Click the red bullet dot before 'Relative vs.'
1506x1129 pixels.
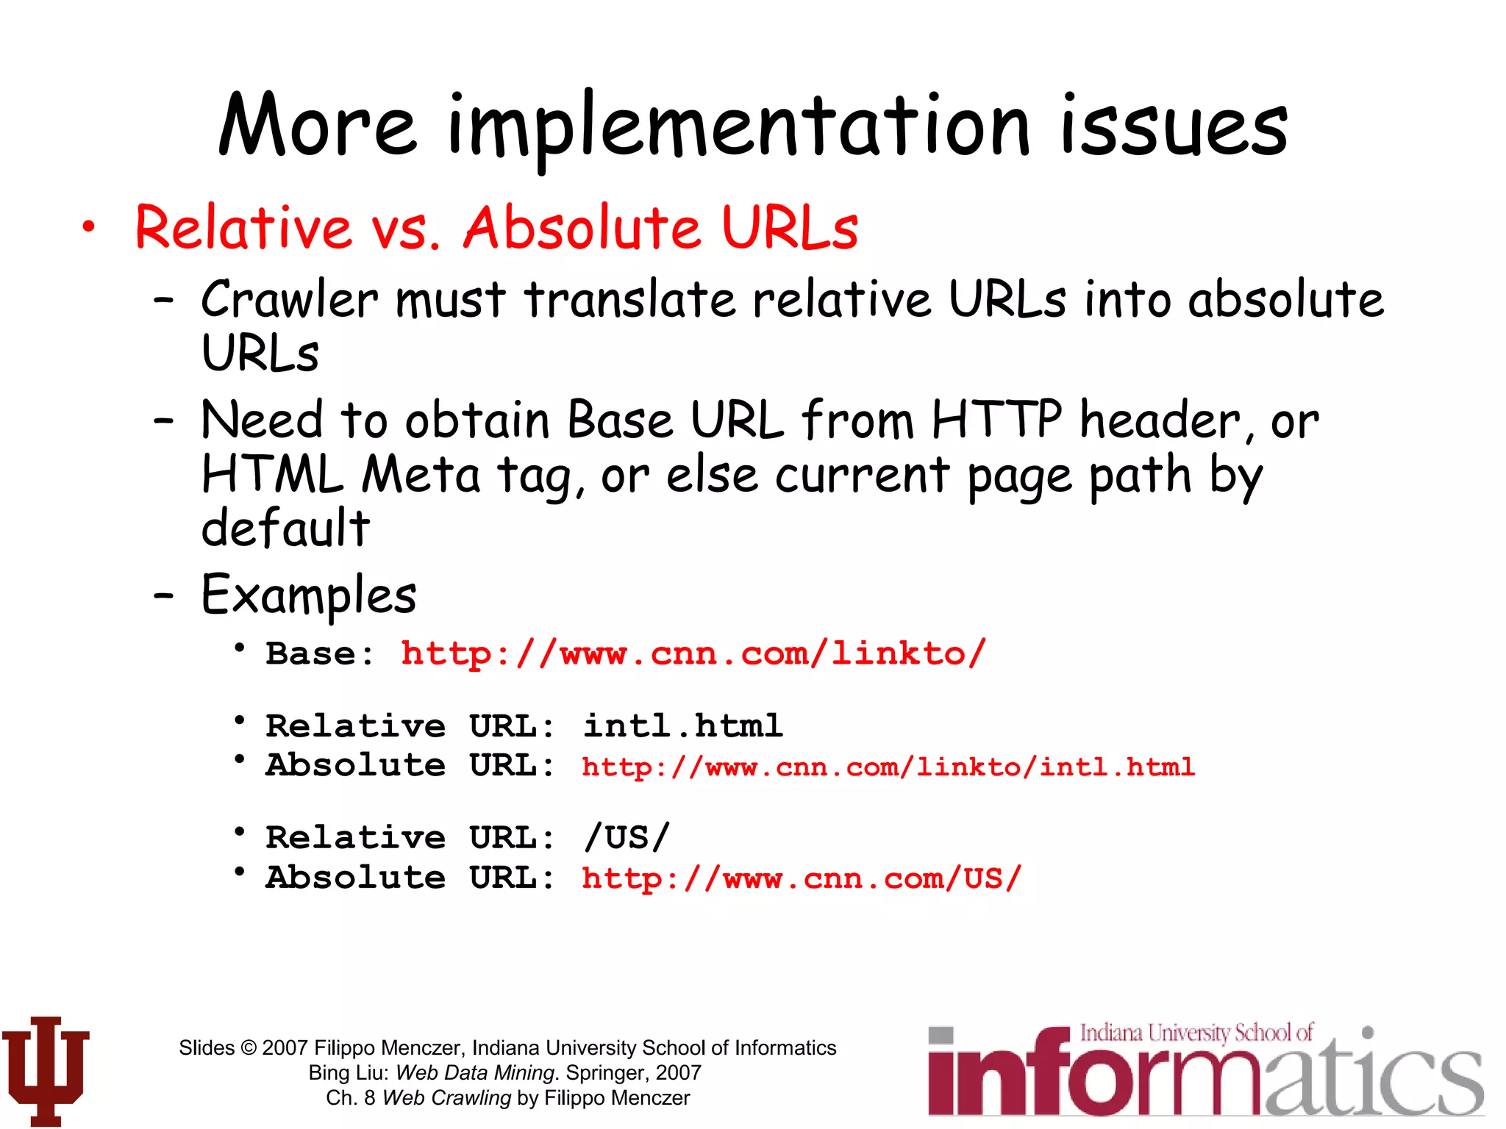(88, 227)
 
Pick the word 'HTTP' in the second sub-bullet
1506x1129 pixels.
(996, 420)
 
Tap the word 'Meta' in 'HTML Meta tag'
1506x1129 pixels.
(421, 475)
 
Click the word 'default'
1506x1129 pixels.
(285, 528)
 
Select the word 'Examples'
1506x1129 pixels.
(309, 595)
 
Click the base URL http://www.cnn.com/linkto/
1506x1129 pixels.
(693, 653)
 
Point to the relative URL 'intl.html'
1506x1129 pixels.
(682, 726)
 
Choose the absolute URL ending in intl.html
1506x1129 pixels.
(888, 767)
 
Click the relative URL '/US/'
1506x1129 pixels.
(627, 837)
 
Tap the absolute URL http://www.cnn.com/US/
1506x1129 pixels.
(802, 878)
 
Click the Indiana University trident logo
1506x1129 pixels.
(46, 1069)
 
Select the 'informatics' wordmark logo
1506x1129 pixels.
(1206, 1073)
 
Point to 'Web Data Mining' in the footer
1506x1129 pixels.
(474, 1072)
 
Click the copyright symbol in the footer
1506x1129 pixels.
(249, 1048)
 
